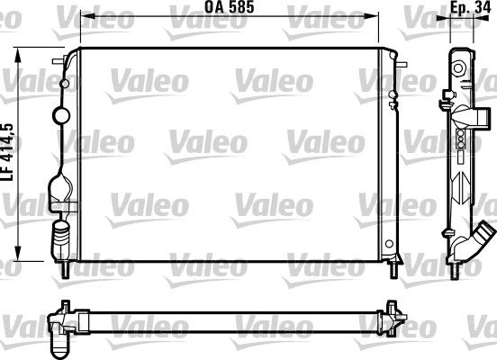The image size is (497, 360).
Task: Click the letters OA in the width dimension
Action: pos(215,7)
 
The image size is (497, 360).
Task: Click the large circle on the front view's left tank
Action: pos(62,114)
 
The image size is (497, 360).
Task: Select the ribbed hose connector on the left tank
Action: pos(61,237)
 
